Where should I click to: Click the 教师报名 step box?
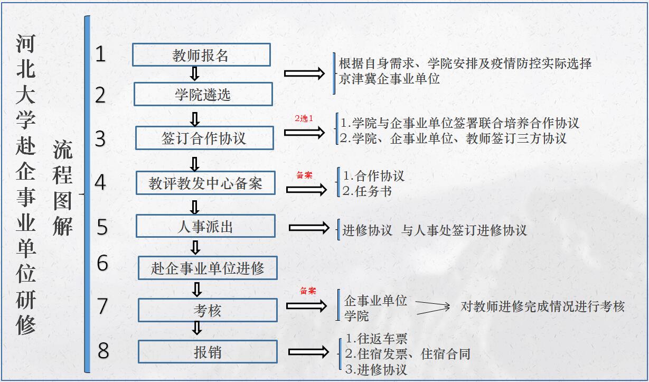click(201, 55)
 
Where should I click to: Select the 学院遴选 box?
click(203, 95)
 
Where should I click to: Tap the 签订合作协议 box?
click(204, 138)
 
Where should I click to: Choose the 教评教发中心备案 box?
click(205, 183)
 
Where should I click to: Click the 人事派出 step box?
click(205, 226)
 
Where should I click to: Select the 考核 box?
click(208, 311)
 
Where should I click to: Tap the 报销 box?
click(208, 352)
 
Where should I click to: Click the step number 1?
click(100, 54)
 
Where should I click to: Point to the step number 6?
click(102, 263)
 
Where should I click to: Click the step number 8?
click(104, 351)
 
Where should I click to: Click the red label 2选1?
click(304, 118)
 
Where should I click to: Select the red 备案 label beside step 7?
click(308, 291)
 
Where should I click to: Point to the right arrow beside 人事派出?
click(309, 228)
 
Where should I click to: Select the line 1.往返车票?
click(377, 339)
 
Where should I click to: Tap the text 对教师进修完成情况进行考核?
click(542, 306)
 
